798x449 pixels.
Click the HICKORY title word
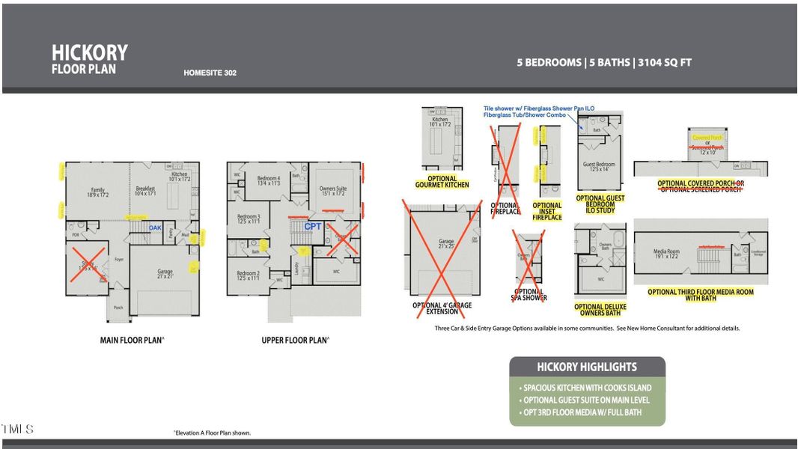(x=89, y=52)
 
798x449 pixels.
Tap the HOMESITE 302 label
(x=210, y=73)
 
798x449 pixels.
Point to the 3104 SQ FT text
(x=663, y=63)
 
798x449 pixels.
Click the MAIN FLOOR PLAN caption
(x=132, y=340)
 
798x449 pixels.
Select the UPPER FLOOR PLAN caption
(x=295, y=340)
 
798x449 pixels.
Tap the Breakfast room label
(x=146, y=190)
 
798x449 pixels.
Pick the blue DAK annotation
(x=155, y=227)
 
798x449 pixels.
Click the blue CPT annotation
(x=312, y=226)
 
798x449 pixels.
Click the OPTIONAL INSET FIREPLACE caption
(x=546, y=211)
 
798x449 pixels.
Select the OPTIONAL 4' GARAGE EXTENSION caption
(x=442, y=308)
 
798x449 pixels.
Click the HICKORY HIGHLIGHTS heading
(x=587, y=367)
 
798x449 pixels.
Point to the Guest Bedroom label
(x=599, y=166)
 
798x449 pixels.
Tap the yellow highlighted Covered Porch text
(x=707, y=138)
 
